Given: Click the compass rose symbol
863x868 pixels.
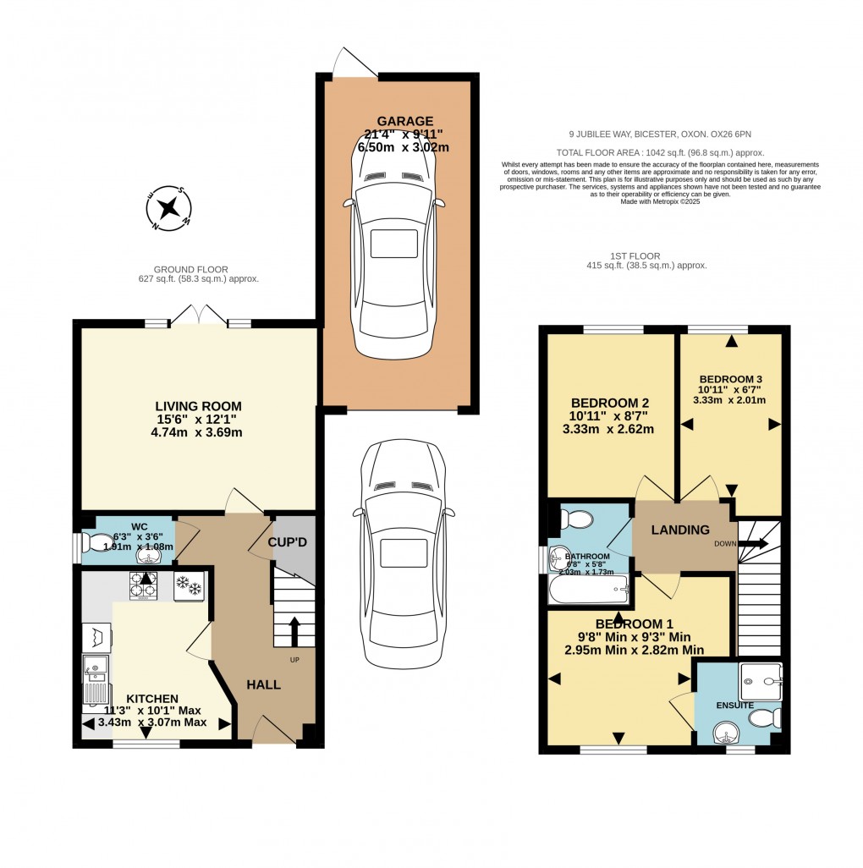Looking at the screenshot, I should [170, 207].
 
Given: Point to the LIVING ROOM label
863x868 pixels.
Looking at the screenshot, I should [197, 406].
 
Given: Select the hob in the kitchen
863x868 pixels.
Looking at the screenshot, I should [144, 585].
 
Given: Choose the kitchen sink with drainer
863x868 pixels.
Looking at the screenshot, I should [94, 679].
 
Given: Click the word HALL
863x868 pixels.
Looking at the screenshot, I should [264, 684].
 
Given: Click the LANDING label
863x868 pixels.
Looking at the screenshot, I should [680, 530].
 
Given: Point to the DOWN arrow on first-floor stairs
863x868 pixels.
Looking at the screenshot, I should [750, 544].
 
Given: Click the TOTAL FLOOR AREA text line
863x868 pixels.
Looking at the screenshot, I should [667, 152].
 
